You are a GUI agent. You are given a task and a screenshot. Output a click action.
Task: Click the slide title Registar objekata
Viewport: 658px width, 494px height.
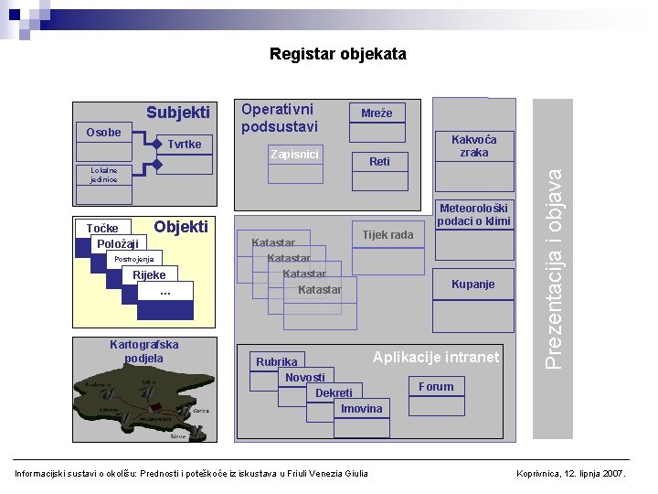tap(337, 55)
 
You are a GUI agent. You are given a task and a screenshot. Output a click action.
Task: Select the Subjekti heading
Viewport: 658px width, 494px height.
tap(178, 113)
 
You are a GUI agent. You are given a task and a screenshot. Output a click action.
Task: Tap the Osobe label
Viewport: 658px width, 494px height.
tap(103, 132)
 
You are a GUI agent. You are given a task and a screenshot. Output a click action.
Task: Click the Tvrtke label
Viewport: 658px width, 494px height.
tap(184, 145)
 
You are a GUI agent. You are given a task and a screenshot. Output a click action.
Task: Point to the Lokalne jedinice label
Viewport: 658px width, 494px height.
tap(97, 174)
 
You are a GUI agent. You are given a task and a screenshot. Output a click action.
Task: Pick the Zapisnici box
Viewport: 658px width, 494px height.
tap(294, 154)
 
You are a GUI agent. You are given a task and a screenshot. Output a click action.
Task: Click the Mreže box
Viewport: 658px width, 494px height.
tap(377, 113)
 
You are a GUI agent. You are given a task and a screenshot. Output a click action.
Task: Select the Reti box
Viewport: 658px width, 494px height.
tap(379, 162)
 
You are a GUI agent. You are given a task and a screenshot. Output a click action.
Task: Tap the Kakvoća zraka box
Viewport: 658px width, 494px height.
tap(473, 146)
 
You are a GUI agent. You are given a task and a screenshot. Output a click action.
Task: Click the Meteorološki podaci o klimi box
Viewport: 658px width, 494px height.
tap(473, 214)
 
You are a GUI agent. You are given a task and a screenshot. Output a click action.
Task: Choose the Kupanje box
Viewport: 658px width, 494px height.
tap(472, 285)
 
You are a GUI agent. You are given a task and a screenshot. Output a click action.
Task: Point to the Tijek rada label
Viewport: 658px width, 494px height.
tap(387, 235)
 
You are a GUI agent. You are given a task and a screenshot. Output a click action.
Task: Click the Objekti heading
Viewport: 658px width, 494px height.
tap(181, 227)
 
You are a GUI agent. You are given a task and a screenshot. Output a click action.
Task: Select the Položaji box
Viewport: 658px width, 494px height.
tap(118, 243)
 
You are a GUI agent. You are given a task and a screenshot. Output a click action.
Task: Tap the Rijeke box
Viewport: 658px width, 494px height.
tap(150, 275)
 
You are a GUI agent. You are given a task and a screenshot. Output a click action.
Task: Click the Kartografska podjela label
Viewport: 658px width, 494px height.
tap(143, 351)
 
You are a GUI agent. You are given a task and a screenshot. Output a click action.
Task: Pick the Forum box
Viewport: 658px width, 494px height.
tap(436, 387)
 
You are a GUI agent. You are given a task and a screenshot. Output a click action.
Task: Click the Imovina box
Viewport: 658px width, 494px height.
tap(362, 409)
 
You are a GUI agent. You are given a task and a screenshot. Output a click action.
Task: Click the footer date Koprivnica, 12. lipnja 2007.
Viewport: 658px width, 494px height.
tap(571, 473)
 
